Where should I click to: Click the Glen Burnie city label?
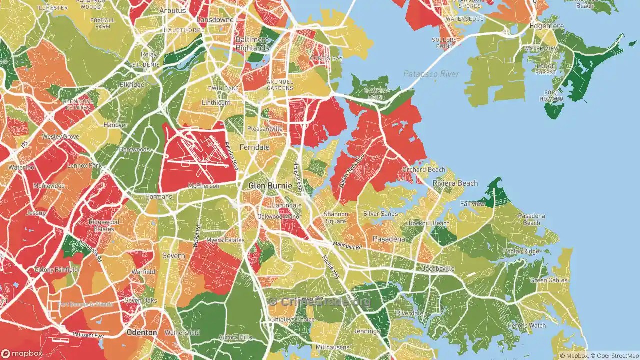(270, 186)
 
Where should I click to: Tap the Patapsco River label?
(431, 74)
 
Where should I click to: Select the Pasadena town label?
(389, 239)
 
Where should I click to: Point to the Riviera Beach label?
(455, 183)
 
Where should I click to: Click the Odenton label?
(142, 332)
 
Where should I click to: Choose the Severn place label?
(174, 255)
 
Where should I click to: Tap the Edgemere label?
(547, 26)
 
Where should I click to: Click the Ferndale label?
(254, 147)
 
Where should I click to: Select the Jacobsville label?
(438, 269)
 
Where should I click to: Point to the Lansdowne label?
(215, 20)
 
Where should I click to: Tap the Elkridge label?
(132, 85)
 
